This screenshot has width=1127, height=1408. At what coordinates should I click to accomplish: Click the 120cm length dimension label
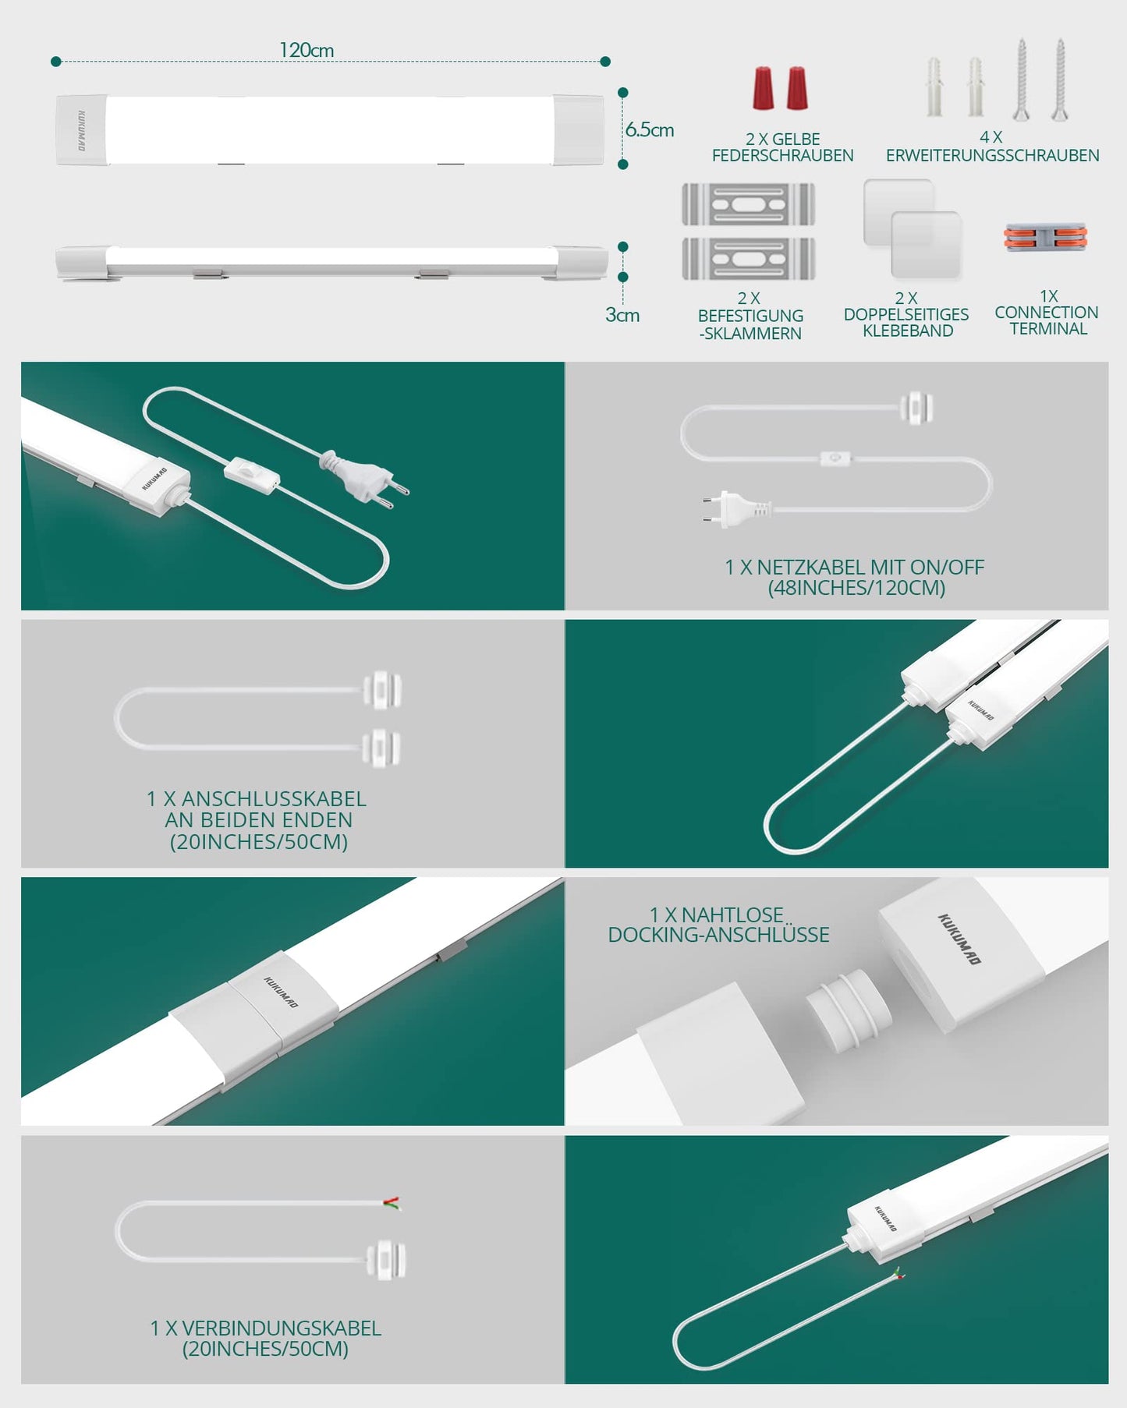tap(307, 50)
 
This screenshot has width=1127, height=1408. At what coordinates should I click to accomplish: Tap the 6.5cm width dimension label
tap(650, 129)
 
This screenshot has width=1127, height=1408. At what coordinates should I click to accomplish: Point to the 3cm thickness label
tap(622, 315)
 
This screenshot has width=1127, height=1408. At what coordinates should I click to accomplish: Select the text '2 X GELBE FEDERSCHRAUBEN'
tap(782, 147)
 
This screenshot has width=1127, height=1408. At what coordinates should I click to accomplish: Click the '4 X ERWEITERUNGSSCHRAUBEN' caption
tap(992, 147)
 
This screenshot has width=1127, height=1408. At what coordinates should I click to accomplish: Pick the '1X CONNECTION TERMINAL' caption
tap(1047, 313)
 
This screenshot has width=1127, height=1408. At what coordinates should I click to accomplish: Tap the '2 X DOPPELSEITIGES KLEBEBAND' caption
tap(906, 314)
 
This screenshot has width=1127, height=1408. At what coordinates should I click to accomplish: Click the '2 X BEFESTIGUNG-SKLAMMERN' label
tap(750, 316)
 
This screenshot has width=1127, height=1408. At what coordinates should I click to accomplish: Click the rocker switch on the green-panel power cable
tap(251, 475)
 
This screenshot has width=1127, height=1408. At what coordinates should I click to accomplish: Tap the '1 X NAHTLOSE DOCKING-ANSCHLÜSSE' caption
tap(718, 925)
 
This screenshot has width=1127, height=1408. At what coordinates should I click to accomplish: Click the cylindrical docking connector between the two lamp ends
tap(847, 1010)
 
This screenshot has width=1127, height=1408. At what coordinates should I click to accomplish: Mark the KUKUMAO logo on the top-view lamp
tap(82, 130)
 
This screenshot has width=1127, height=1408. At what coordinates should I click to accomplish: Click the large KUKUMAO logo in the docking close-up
tap(959, 939)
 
